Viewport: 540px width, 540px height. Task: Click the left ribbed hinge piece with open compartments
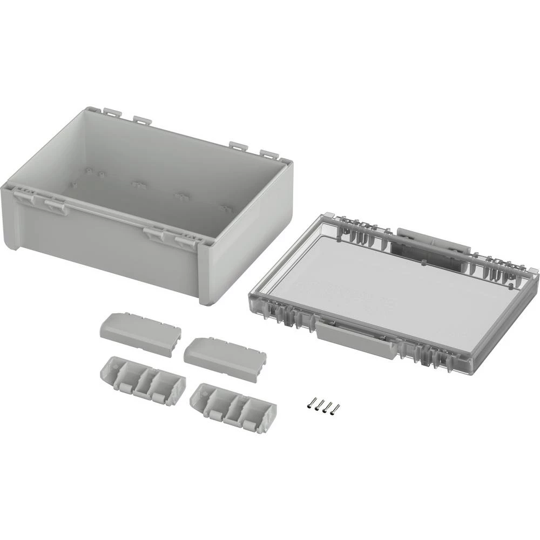click(x=143, y=377)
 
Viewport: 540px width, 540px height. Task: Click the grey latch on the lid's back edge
click(x=432, y=241)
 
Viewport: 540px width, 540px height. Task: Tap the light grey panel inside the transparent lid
click(x=373, y=281)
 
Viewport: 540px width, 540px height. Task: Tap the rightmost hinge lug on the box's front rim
click(x=186, y=239)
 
